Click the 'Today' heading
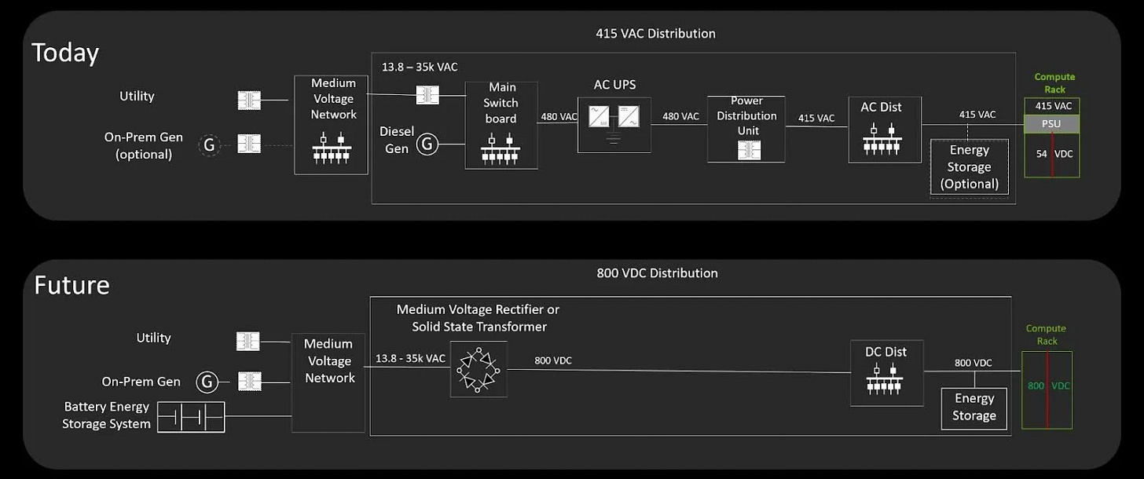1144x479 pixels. point(65,53)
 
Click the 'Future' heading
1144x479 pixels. point(71,285)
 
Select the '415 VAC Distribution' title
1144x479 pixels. point(655,34)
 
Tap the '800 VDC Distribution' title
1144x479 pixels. point(657,273)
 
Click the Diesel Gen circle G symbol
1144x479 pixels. point(427,144)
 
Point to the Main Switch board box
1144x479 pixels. point(501,125)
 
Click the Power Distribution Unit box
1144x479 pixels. point(746,129)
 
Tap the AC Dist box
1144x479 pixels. point(885,130)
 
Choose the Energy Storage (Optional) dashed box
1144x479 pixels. point(969,167)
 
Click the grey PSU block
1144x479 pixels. point(1052,124)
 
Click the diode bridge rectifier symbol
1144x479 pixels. point(479,369)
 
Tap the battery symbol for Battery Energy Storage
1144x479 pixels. point(191,417)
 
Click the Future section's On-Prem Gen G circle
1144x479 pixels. point(207,382)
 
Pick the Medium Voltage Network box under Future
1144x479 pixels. point(328,383)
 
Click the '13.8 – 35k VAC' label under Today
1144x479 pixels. point(420,68)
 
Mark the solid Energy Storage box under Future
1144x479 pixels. point(973,408)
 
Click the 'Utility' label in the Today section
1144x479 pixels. point(137,97)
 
